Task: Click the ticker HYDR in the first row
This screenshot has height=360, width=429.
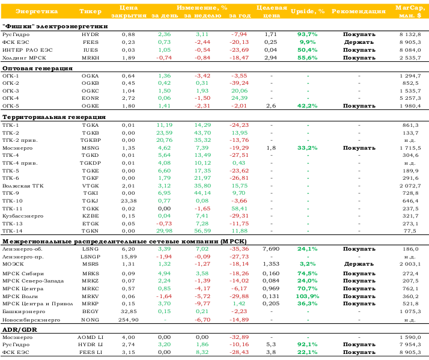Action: (x=90, y=34)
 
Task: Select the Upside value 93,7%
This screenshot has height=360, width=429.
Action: (x=307, y=34)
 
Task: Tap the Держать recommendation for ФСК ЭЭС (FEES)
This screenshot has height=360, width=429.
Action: (x=359, y=42)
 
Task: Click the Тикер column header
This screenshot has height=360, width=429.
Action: (x=90, y=11)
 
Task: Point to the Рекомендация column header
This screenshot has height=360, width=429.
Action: (x=359, y=11)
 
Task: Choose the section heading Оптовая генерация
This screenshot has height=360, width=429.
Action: (x=37, y=69)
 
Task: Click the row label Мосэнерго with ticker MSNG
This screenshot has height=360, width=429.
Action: (x=17, y=148)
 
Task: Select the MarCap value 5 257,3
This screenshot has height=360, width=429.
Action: (x=410, y=98)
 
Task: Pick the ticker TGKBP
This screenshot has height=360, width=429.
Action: (x=90, y=140)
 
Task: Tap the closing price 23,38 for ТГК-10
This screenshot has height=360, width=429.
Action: (x=129, y=201)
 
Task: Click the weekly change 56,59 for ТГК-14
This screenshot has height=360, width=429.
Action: (x=202, y=231)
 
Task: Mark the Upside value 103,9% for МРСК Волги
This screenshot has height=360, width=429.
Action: (x=307, y=296)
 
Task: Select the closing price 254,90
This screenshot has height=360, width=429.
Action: (x=129, y=320)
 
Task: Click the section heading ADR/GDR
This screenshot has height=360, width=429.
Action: (x=20, y=329)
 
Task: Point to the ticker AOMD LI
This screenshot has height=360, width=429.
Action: (x=90, y=337)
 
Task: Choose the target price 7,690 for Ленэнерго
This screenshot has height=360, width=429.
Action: (x=271, y=249)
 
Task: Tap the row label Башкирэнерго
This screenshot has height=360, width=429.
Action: (x=23, y=311)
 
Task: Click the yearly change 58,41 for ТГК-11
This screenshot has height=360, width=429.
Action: (x=239, y=209)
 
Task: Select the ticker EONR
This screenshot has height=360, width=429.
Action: (x=90, y=98)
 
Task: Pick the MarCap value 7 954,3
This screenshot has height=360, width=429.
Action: (x=410, y=344)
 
